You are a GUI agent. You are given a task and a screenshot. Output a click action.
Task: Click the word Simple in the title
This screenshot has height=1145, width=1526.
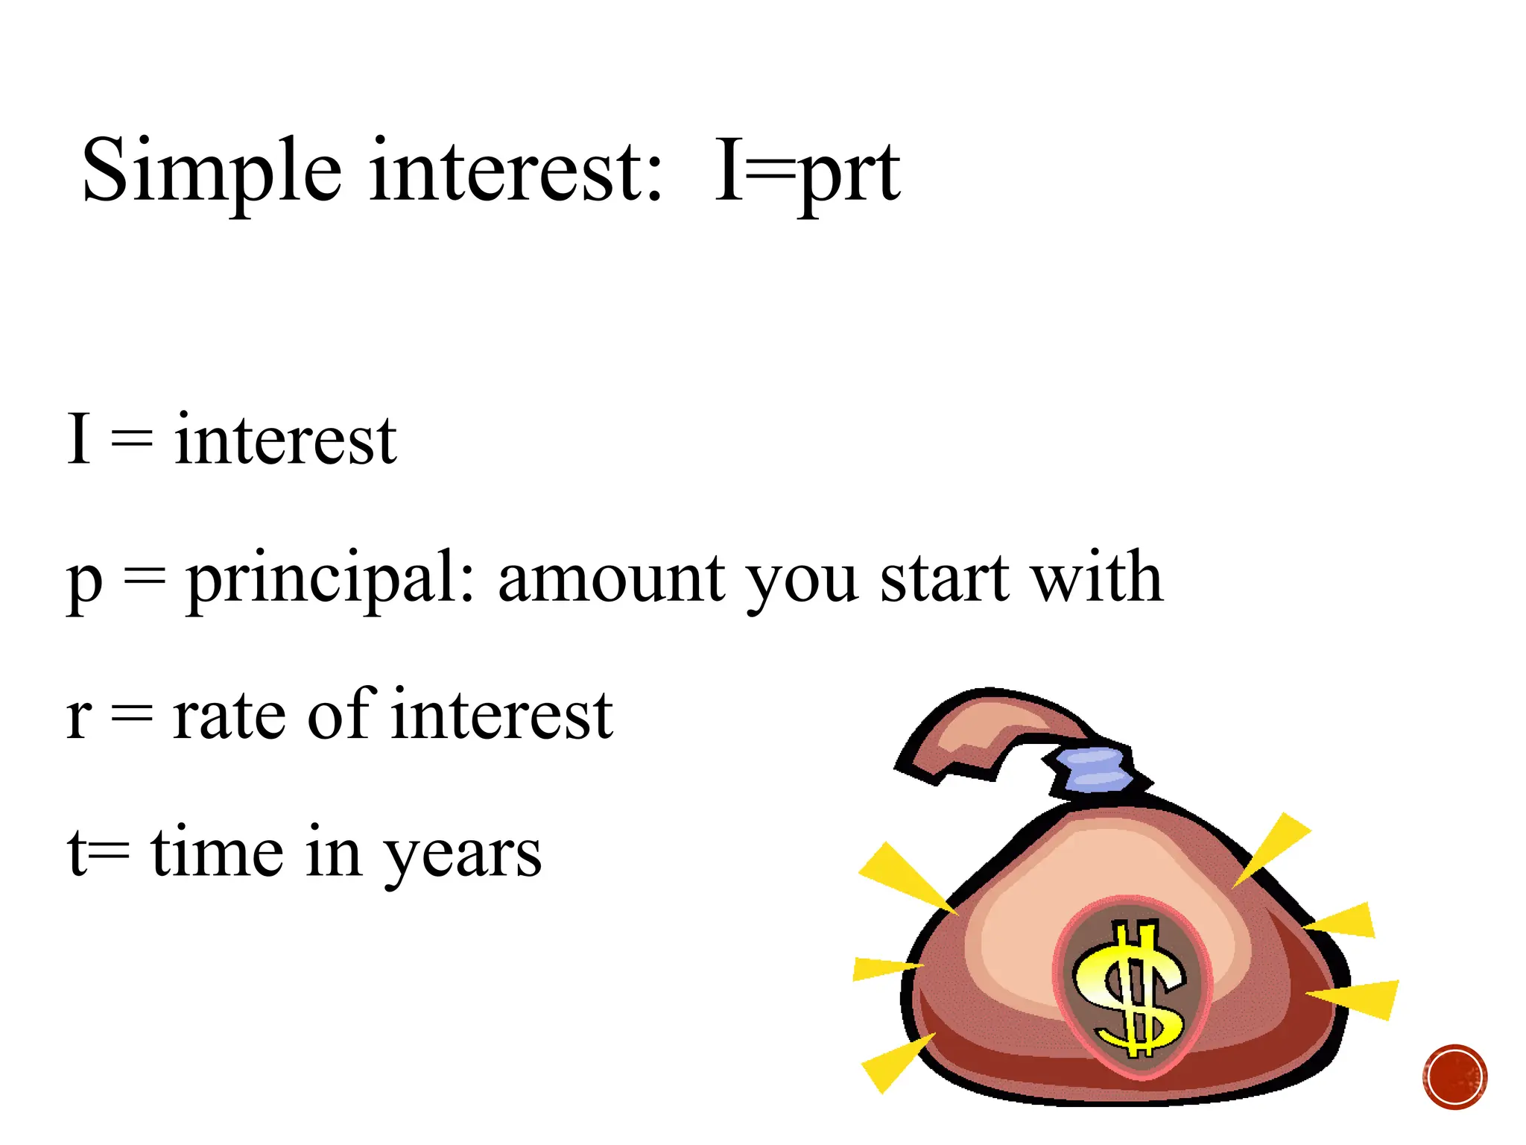[x=212, y=171]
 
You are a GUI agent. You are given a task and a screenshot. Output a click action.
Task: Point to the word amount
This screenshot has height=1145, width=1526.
[x=611, y=578]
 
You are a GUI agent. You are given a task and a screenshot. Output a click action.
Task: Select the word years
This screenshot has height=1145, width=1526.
[x=462, y=854]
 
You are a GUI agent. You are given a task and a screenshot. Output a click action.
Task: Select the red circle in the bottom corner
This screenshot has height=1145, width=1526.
[x=1454, y=1076]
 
